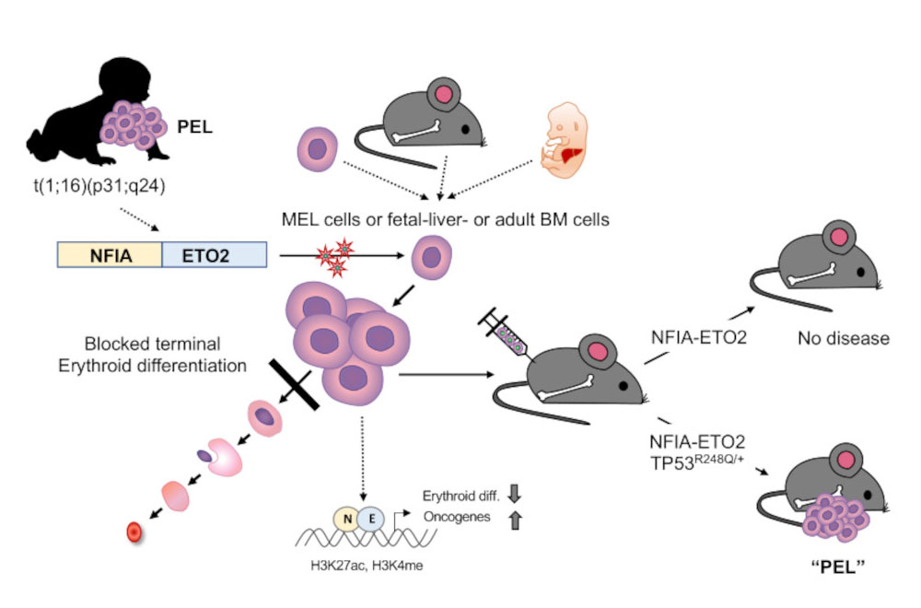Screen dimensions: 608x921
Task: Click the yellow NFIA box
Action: point(110,255)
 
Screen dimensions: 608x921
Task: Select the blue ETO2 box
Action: point(214,255)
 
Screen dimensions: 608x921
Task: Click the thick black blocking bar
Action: point(294,387)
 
